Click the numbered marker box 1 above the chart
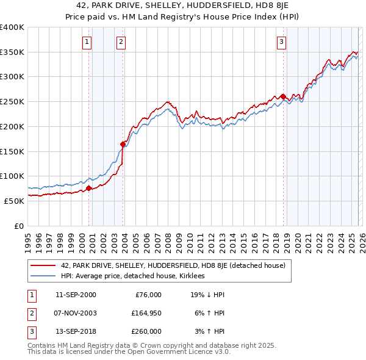(87, 42)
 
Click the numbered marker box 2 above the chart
(121, 42)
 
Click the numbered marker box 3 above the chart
(281, 42)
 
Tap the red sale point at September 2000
(88, 188)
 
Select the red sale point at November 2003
(123, 145)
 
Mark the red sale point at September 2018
(283, 96)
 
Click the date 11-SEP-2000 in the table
(76, 295)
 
